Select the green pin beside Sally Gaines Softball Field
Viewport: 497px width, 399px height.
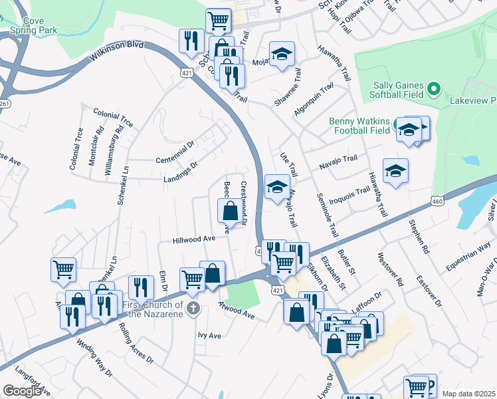tap(434, 88)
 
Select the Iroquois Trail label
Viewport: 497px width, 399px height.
tap(353, 192)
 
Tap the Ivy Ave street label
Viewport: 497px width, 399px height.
tap(209, 336)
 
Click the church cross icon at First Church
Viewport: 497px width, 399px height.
tap(193, 308)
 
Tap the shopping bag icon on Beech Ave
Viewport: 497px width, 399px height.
tap(230, 211)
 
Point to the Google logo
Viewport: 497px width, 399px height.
tap(21, 391)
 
